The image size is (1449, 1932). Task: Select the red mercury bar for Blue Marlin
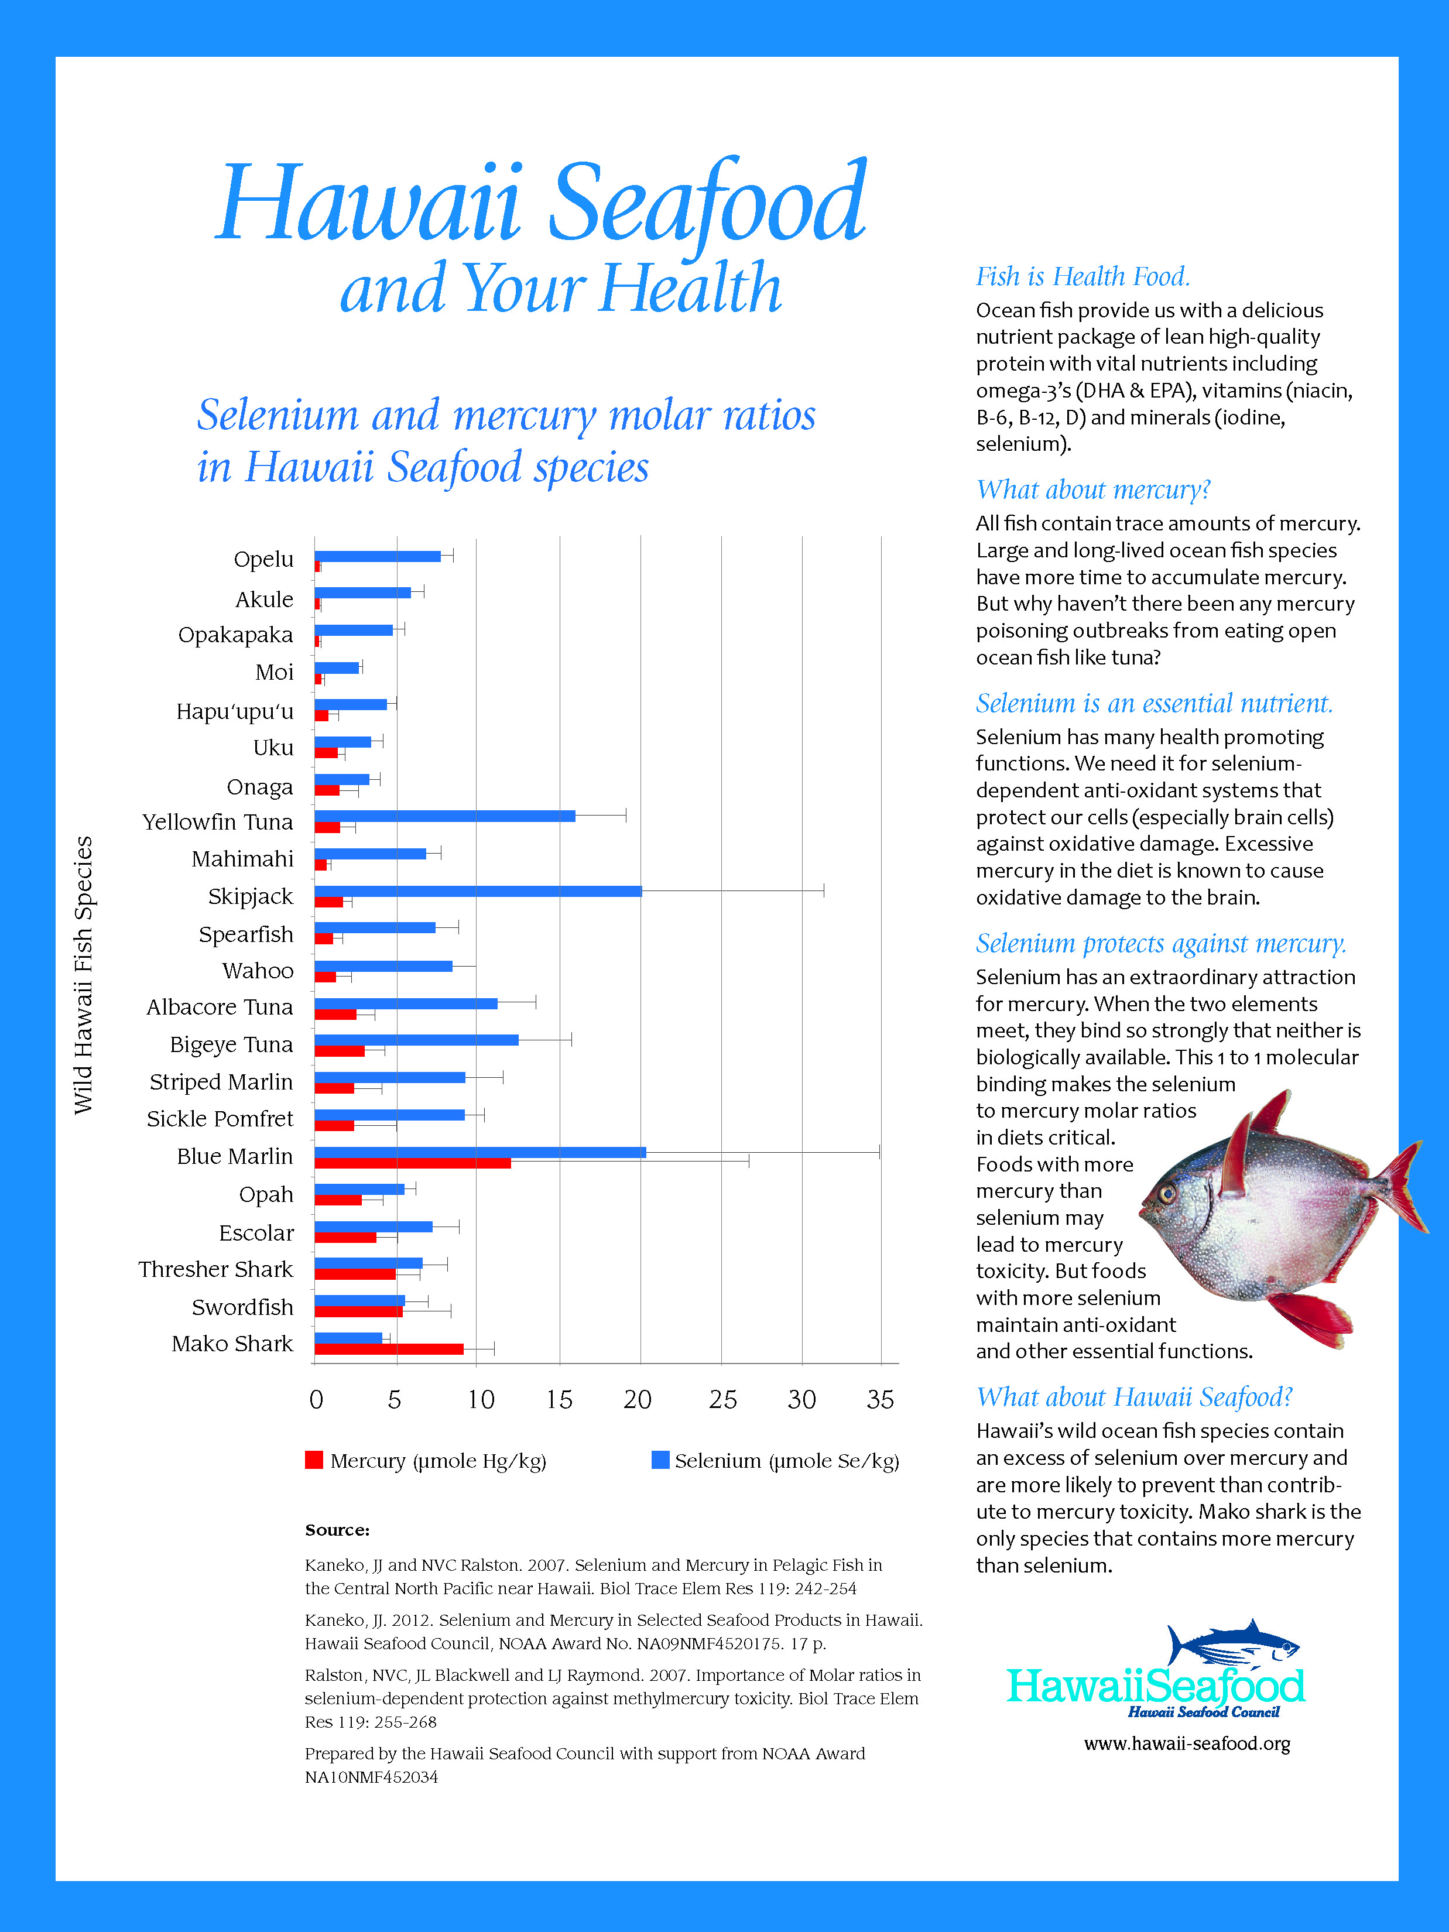(x=412, y=1163)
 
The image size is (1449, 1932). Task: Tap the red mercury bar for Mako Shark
(x=389, y=1348)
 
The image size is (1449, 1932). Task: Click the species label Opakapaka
(x=236, y=635)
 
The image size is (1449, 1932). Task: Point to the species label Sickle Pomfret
(x=220, y=1119)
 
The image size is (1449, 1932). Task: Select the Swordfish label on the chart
(x=243, y=1307)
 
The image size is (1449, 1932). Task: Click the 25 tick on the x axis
(x=722, y=1400)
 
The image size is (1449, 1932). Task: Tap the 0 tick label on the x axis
(x=316, y=1400)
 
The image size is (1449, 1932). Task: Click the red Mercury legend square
(x=314, y=1460)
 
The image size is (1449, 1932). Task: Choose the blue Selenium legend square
(x=660, y=1460)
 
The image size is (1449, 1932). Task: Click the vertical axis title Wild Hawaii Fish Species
(x=83, y=975)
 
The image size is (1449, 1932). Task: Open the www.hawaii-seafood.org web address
(x=1187, y=1744)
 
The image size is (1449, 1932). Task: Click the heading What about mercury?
(x=1092, y=490)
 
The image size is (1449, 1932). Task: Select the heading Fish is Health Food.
(x=1082, y=277)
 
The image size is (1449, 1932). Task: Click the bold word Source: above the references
(x=337, y=1530)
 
